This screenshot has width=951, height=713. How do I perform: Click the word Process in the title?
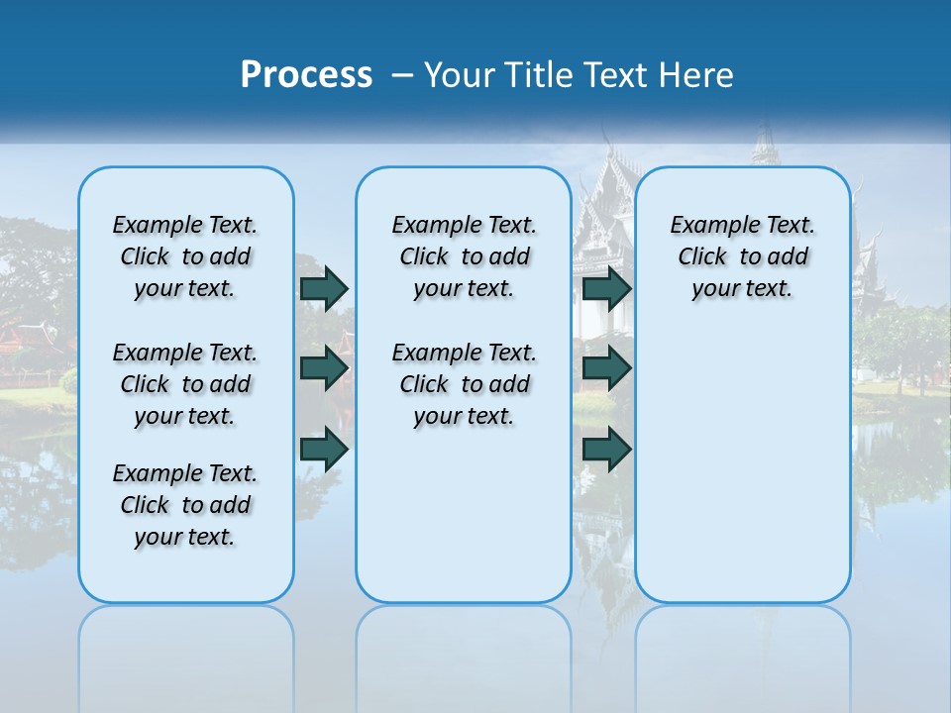click(306, 74)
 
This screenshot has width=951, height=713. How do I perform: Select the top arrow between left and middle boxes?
click(324, 288)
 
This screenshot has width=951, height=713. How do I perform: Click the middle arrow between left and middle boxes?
click(324, 368)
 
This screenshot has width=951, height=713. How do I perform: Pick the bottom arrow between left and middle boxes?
click(324, 450)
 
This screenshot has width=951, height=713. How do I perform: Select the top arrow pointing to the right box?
click(607, 288)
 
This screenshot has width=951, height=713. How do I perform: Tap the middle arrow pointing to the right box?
click(607, 368)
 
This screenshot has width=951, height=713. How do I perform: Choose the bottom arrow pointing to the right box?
click(607, 450)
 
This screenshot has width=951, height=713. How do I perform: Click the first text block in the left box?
click(185, 256)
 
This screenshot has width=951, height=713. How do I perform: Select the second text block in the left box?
click(185, 384)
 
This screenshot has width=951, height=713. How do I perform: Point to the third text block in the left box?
click(185, 505)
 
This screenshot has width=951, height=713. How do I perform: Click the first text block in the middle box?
click(464, 256)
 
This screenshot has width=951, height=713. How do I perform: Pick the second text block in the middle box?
click(464, 384)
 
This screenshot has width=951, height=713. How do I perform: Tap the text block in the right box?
click(743, 256)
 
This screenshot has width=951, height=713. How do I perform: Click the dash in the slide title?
click(402, 74)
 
